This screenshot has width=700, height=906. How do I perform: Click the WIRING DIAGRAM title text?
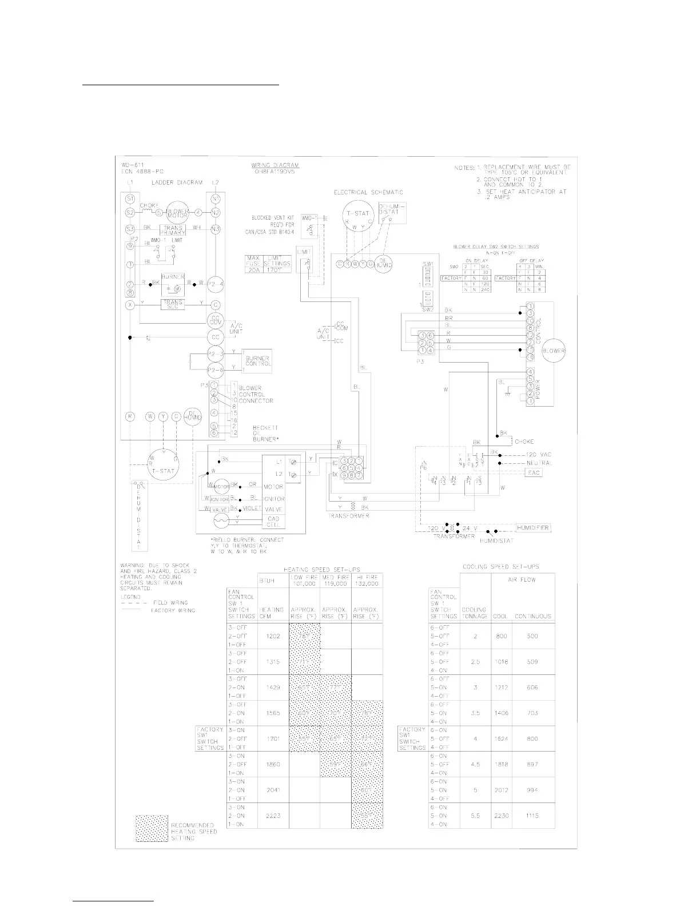[275, 165]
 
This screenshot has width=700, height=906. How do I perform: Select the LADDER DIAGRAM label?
[177, 182]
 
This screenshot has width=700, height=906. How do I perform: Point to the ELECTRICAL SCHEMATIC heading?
[368, 193]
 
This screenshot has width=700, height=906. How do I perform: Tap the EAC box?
[533, 472]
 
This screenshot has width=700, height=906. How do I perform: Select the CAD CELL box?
[273, 522]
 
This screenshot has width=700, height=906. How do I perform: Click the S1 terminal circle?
[130, 198]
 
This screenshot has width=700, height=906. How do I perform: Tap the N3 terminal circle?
[216, 230]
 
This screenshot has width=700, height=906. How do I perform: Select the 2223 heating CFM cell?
[273, 816]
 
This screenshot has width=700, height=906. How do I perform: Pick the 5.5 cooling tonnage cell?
[475, 816]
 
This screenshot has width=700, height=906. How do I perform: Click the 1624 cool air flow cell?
[502, 738]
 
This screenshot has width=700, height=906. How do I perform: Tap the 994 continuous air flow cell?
[532, 790]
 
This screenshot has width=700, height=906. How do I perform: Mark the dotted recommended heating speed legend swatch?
[152, 828]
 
